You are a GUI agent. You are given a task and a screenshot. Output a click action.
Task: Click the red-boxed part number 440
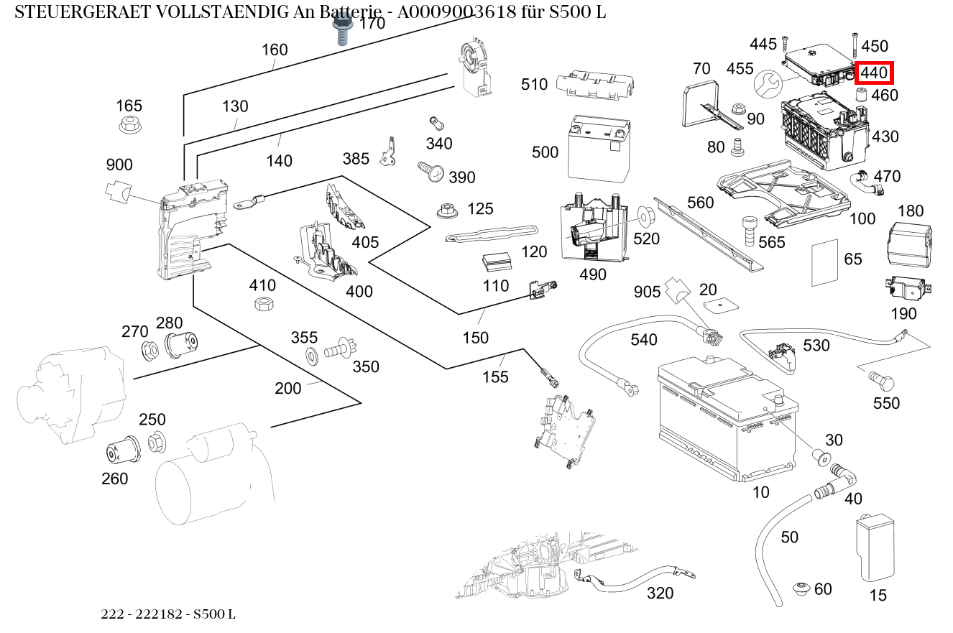pyautogui.click(x=873, y=73)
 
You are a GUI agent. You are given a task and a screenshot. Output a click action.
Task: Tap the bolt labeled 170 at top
pyautogui.click(x=341, y=30)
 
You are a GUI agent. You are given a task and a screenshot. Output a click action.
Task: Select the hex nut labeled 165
pyautogui.click(x=129, y=125)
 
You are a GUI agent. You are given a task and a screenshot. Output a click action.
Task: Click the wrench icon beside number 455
pyautogui.click(x=767, y=84)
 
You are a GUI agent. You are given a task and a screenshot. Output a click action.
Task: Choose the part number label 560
pyautogui.click(x=701, y=202)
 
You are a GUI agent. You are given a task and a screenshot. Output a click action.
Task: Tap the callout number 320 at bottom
pyautogui.click(x=660, y=593)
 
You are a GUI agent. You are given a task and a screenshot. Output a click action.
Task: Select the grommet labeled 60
pyautogui.click(x=801, y=589)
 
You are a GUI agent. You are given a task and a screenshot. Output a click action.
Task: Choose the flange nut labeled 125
pyautogui.click(x=448, y=211)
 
